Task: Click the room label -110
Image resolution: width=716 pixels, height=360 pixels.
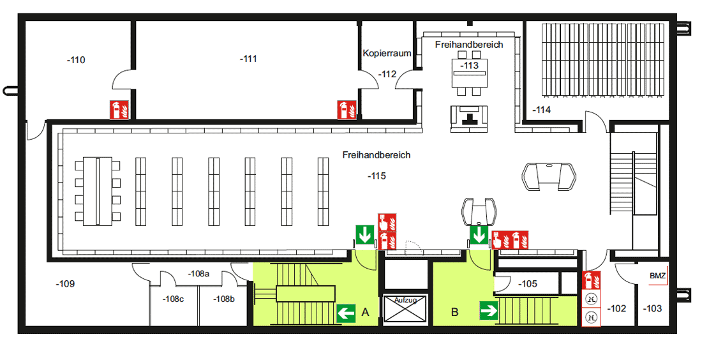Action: (x=76, y=61)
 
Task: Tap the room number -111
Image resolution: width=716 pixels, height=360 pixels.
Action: (x=248, y=59)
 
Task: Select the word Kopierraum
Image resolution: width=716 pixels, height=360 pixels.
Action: (x=387, y=54)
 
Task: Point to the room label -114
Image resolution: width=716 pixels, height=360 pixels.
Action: (x=542, y=110)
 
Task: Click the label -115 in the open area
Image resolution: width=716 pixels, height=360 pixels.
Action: (x=377, y=176)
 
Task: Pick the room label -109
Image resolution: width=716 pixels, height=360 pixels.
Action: (x=65, y=283)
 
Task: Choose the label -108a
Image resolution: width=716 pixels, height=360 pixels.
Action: (x=198, y=274)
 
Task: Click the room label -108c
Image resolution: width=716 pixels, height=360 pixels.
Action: (x=173, y=299)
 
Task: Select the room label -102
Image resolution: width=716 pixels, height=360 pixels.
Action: (x=616, y=309)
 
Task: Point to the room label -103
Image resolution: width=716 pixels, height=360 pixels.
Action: (x=652, y=309)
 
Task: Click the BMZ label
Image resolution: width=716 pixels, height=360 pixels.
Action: (x=657, y=276)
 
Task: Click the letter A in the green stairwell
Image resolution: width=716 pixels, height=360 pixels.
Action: (x=366, y=312)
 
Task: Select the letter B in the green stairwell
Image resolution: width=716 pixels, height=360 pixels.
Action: (x=455, y=312)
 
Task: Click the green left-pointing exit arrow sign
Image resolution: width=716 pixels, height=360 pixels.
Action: (x=346, y=313)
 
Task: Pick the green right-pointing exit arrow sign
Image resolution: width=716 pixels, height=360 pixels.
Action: (x=489, y=311)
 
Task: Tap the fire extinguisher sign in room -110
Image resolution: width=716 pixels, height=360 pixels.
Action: (x=119, y=110)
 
